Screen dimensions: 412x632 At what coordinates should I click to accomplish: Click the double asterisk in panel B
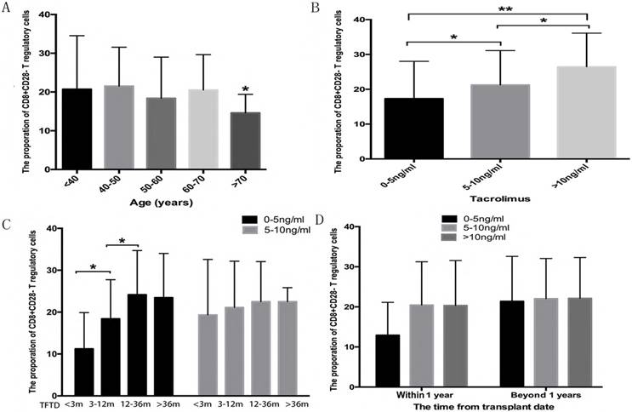490,17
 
